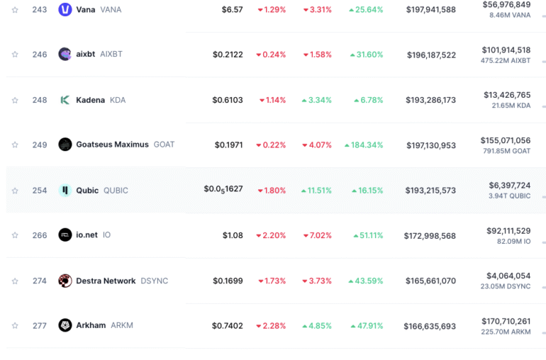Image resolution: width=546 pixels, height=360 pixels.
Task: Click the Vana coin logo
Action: click(x=65, y=10)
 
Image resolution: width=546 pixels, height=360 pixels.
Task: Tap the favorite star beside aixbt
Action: click(x=15, y=55)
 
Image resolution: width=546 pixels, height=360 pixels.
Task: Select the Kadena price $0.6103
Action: click(x=227, y=100)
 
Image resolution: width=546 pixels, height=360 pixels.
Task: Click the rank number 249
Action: click(x=40, y=145)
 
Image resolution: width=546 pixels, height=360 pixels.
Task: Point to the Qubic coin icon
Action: click(x=65, y=190)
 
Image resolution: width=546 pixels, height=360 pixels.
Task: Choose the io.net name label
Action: click(x=87, y=235)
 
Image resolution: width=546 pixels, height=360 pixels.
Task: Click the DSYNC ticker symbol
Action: click(x=154, y=281)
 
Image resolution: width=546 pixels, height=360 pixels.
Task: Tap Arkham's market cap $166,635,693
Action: click(x=430, y=326)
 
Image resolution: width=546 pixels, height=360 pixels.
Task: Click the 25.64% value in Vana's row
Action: click(x=366, y=10)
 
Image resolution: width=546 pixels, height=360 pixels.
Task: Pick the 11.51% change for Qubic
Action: click(x=316, y=191)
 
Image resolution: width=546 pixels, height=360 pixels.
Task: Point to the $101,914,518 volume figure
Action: click(x=506, y=50)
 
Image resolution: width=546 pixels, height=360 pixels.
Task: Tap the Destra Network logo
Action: click(x=65, y=281)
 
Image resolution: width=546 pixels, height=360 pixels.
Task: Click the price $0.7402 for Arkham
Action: click(x=227, y=326)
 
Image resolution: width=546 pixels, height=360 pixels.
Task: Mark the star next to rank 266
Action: click(x=15, y=235)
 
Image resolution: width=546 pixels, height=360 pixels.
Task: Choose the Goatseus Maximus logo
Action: click(x=65, y=145)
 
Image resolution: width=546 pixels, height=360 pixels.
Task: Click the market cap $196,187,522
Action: click(x=431, y=55)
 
